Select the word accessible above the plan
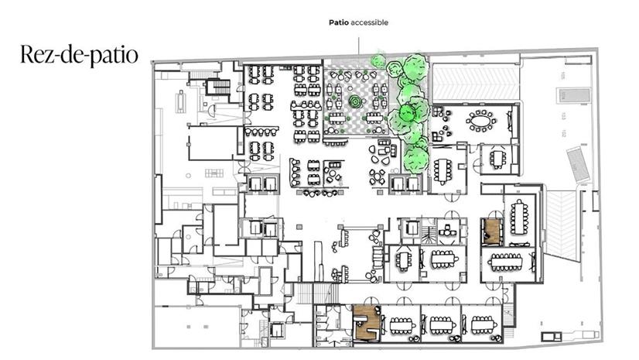(x=369, y=22)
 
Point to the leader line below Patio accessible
(x=358, y=42)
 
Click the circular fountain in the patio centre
(x=355, y=101)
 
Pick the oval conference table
(x=482, y=121)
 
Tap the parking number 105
(x=564, y=75)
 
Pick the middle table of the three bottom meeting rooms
(x=440, y=324)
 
